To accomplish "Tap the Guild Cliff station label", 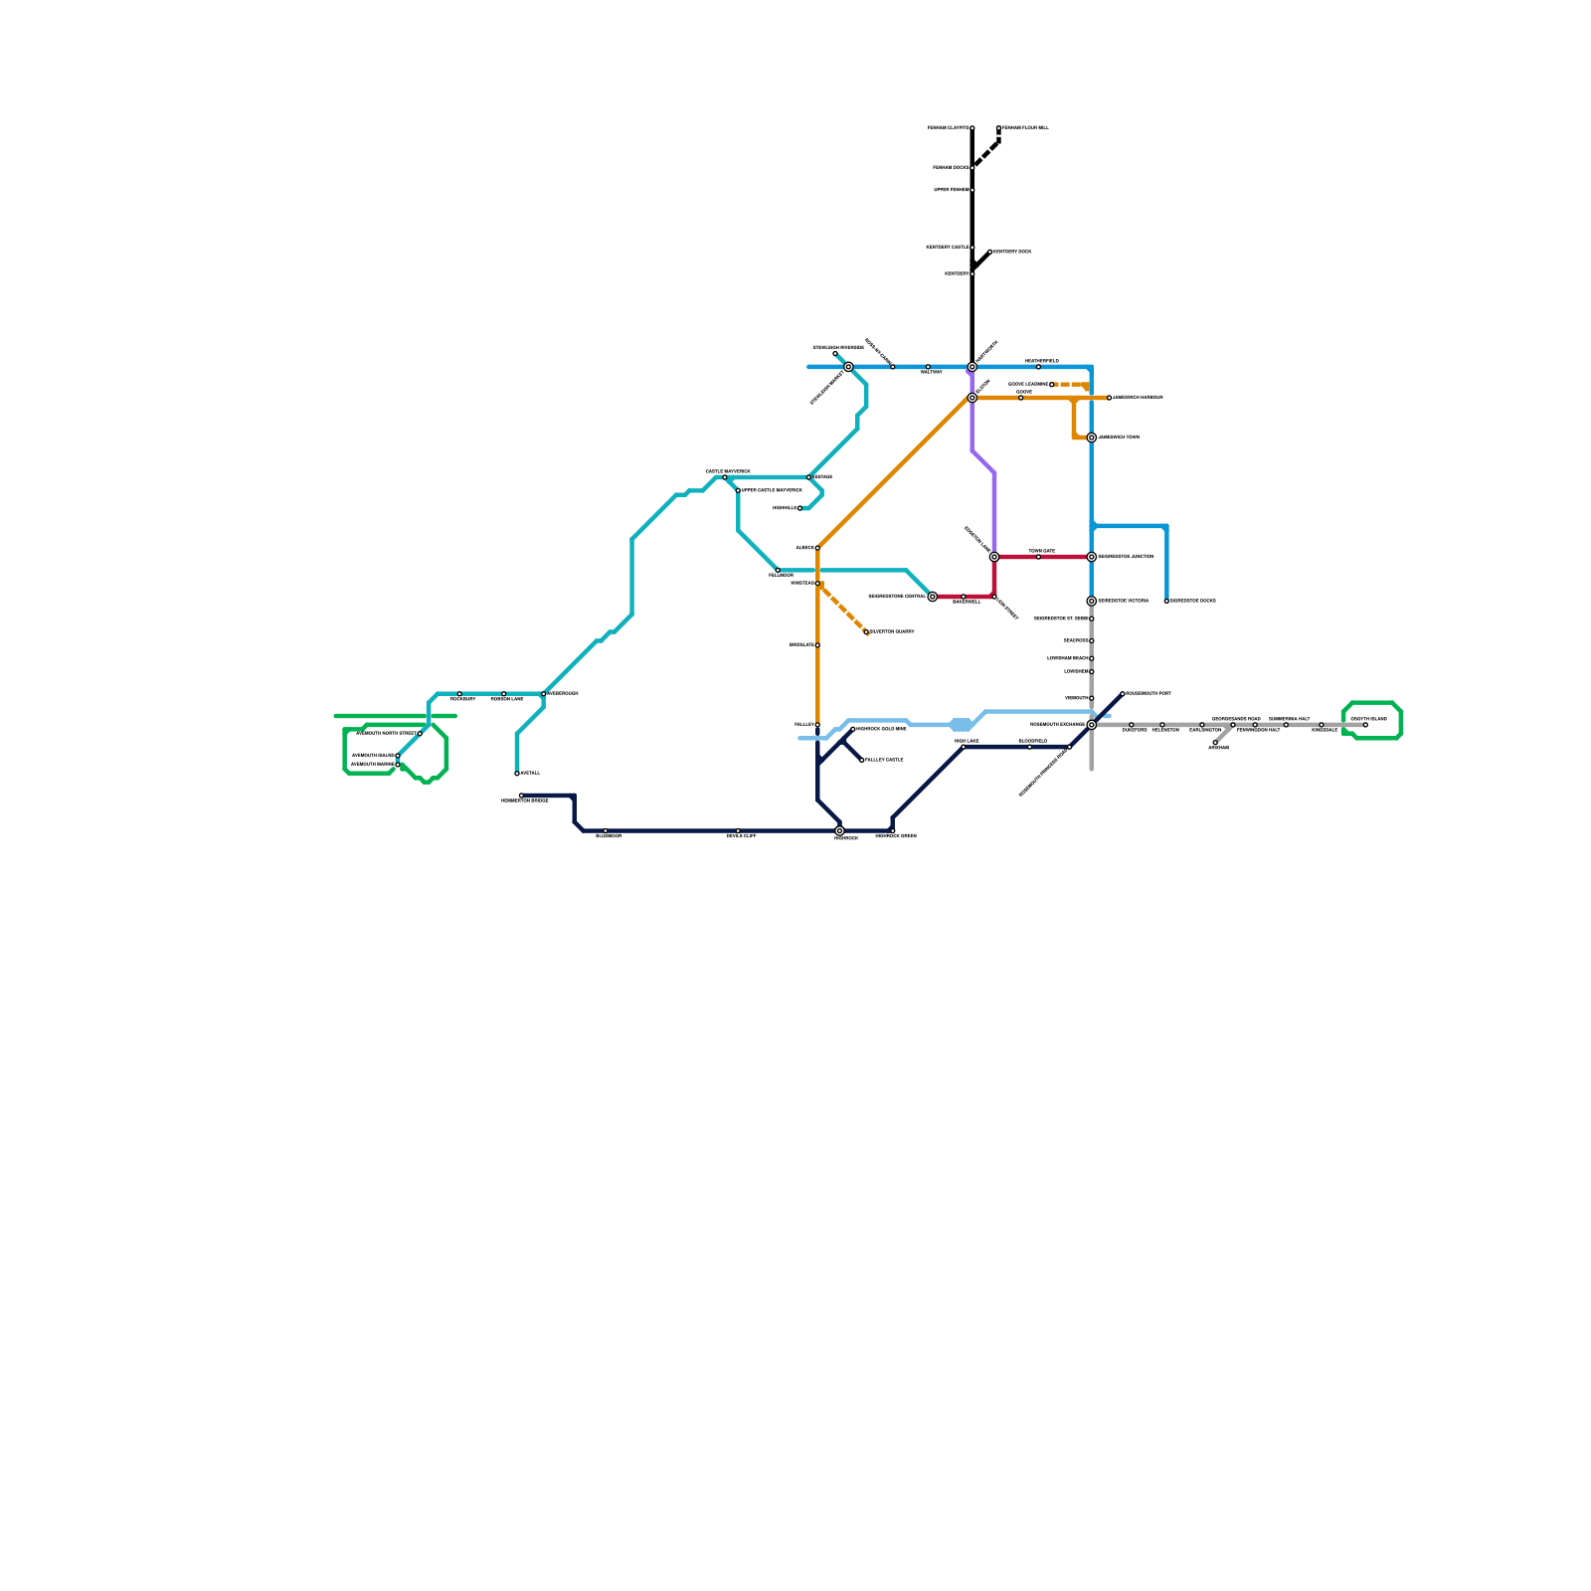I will click(x=741, y=836).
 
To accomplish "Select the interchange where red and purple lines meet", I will click(x=994, y=557).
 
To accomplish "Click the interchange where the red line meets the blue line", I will click(x=1092, y=557).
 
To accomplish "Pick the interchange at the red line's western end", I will click(x=933, y=597).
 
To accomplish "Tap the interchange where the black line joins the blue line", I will click(x=972, y=367).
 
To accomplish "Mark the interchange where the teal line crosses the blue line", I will click(x=848, y=367).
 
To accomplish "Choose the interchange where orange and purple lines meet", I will click(x=972, y=398).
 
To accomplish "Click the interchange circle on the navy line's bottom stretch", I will click(x=840, y=830).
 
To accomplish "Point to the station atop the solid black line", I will click(x=972, y=128).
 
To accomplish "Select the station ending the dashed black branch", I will click(x=998, y=128).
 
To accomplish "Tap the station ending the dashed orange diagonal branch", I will click(x=867, y=632).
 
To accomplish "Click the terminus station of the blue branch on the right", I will click(x=1166, y=601).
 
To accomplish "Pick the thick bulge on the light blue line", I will click(x=961, y=725).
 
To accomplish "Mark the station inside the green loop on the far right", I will click(x=1365, y=725).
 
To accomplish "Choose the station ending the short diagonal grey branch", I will click(x=1215, y=743).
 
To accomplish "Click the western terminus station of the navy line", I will click(x=521, y=795).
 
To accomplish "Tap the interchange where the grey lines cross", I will click(x=1092, y=725).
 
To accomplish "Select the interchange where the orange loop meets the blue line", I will click(x=1092, y=438).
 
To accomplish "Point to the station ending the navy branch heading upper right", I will click(x=1123, y=694).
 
